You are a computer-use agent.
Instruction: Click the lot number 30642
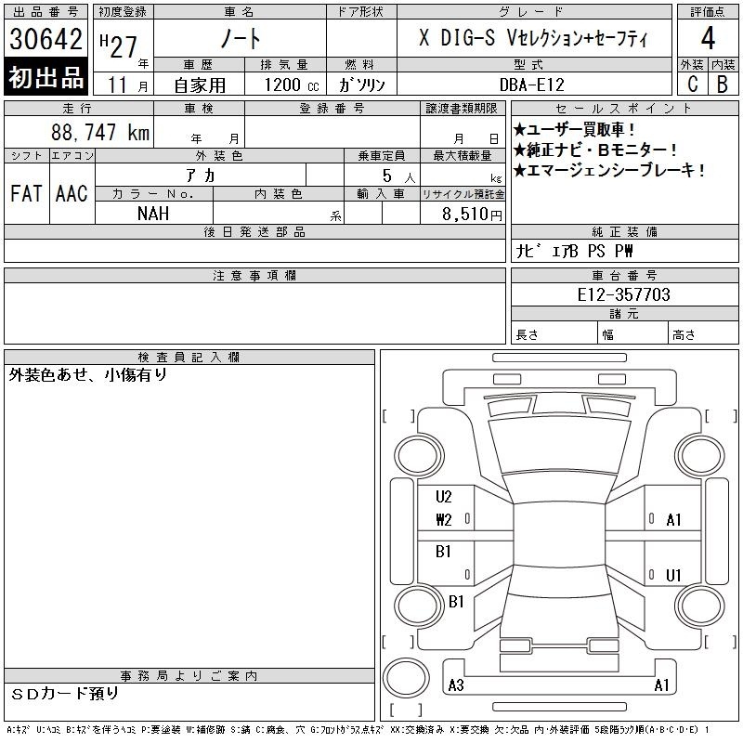point(46,38)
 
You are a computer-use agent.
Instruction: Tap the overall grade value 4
point(708,38)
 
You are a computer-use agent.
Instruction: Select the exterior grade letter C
point(693,84)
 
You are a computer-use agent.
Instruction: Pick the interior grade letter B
point(723,84)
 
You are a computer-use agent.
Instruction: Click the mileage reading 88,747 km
point(100,132)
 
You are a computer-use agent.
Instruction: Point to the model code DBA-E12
point(532,85)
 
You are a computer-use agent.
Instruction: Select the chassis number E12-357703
point(623,294)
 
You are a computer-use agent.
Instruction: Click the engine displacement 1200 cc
point(292,85)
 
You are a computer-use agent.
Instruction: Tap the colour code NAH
point(153,214)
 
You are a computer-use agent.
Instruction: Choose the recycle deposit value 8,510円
point(472,215)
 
